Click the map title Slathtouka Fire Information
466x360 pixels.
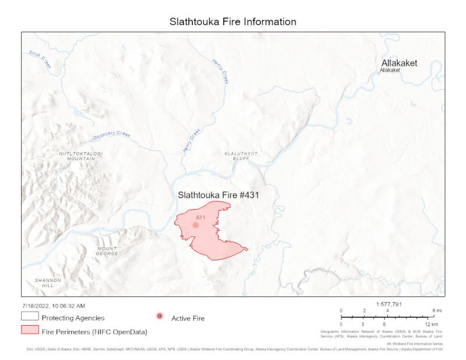(x=233, y=22)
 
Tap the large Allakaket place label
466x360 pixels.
(x=399, y=63)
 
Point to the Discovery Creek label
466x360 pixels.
(x=110, y=136)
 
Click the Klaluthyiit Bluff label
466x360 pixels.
(x=241, y=156)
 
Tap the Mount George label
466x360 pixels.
(x=107, y=251)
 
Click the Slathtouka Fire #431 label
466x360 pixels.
(x=218, y=195)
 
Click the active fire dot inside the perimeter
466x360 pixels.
(x=196, y=225)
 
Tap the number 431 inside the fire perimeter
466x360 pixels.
(x=202, y=217)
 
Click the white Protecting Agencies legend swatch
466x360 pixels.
(x=29, y=317)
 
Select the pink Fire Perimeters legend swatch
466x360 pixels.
(x=29, y=331)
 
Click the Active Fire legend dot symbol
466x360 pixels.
(x=160, y=316)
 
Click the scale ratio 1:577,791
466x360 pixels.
(x=389, y=304)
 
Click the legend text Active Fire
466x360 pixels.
(x=188, y=318)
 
